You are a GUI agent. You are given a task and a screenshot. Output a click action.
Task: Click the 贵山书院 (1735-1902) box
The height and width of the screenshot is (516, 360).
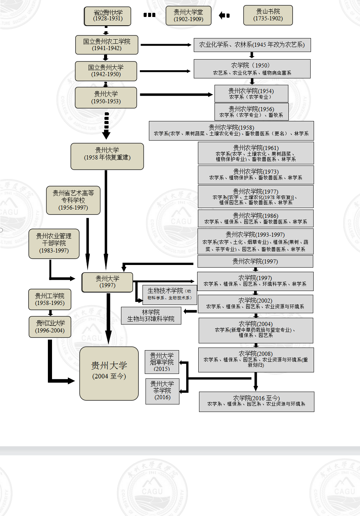pyautogui.click(x=268, y=15)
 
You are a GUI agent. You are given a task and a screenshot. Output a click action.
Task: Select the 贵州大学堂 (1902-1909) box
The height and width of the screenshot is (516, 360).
pyautogui.click(x=188, y=16)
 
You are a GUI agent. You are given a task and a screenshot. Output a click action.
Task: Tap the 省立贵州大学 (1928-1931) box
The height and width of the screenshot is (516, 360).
pyautogui.click(x=108, y=16)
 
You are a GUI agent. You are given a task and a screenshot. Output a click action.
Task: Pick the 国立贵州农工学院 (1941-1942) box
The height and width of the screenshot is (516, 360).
pyautogui.click(x=107, y=45)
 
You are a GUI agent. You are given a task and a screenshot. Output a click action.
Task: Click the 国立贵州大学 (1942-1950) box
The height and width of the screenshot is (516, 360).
pyautogui.click(x=106, y=71)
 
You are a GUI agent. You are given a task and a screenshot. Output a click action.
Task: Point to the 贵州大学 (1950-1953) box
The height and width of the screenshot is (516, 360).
pyautogui.click(x=106, y=98)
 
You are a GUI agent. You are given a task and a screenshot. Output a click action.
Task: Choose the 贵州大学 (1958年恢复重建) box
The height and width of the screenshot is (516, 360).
pyautogui.click(x=107, y=156)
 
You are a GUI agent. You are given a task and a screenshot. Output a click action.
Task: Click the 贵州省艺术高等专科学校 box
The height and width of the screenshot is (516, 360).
pyautogui.click(x=73, y=200)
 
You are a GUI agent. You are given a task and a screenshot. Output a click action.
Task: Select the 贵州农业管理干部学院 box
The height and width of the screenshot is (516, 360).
pyautogui.click(x=54, y=243)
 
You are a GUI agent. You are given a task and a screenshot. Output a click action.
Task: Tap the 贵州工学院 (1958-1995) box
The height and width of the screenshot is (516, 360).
pyautogui.click(x=50, y=299)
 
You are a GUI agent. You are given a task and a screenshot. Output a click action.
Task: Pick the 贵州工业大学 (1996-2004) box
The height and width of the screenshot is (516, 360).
pyautogui.click(x=50, y=326)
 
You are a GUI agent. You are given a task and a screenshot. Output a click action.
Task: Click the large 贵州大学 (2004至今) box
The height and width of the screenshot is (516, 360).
pyautogui.click(x=109, y=373)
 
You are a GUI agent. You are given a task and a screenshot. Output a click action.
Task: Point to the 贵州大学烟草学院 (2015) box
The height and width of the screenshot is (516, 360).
pyautogui.click(x=162, y=362)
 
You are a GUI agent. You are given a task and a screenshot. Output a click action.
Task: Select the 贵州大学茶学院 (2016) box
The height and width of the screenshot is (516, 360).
pyautogui.click(x=162, y=391)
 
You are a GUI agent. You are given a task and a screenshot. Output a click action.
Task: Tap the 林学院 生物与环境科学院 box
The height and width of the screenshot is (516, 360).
pyautogui.click(x=151, y=315)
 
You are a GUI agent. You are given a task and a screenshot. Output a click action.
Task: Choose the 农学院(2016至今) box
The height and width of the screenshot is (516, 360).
pyautogui.click(x=256, y=401)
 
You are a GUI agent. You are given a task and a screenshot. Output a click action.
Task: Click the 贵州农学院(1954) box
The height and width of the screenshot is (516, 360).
pyautogui.click(x=251, y=93)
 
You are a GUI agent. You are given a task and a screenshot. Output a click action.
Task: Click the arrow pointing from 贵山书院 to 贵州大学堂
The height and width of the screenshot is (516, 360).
pyautogui.click(x=224, y=15)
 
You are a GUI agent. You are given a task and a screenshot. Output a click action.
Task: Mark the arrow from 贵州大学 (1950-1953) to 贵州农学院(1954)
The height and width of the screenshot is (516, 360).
pyautogui.click(x=176, y=95)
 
